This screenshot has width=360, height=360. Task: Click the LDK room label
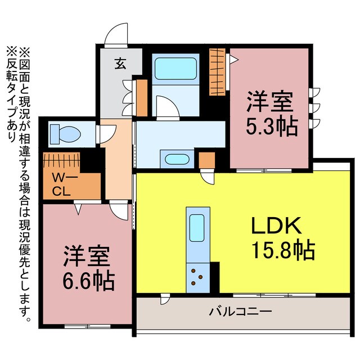[x=277, y=226]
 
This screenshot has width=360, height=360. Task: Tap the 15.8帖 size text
[x=282, y=249]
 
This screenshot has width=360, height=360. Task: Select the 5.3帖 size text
[x=272, y=127]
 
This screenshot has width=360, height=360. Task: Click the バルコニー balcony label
[x=241, y=310]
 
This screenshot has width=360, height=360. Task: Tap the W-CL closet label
[x=61, y=185]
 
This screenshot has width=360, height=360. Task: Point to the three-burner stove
[x=198, y=276]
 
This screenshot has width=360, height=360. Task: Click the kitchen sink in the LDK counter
[x=197, y=228]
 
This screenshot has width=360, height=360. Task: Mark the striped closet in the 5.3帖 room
[x=217, y=71]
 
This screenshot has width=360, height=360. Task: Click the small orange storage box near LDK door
[x=206, y=161]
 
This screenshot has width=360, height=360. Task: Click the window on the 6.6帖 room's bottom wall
[x=79, y=326]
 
